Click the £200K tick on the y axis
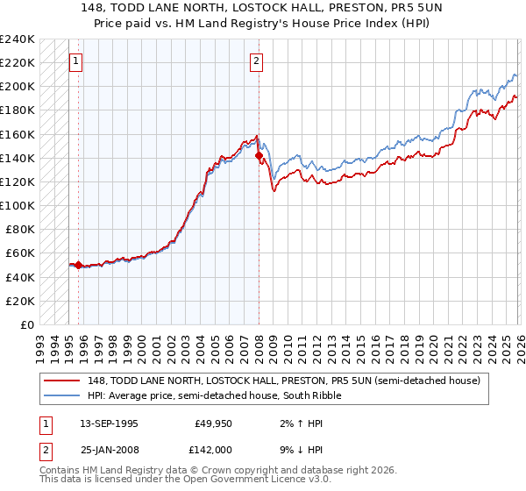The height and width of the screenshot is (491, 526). pos(17,87)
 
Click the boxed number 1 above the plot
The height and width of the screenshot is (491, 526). pos(76,61)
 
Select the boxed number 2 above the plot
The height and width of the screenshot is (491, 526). pos(256,61)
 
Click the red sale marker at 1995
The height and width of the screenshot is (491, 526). pos(79,265)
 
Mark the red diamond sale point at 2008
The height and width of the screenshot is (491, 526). pos(259,156)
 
